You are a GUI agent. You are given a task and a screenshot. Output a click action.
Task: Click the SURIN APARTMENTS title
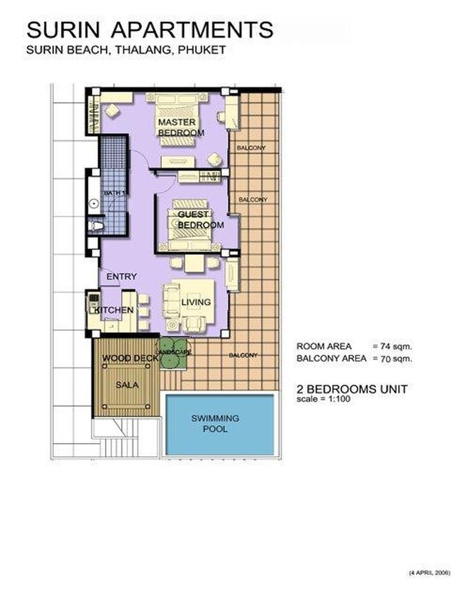click(x=150, y=30)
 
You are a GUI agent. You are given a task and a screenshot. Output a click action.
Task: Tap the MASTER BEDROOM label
click(x=181, y=127)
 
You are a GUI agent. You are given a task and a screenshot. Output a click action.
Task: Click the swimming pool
click(x=219, y=424)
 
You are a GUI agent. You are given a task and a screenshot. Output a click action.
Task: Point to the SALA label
click(x=127, y=385)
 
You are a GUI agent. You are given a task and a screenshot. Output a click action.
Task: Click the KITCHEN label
click(x=114, y=310)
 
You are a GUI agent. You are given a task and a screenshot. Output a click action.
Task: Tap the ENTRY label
click(x=121, y=276)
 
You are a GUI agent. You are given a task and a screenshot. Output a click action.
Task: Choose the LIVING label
click(x=196, y=302)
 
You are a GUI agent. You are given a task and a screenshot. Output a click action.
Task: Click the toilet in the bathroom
click(x=95, y=226)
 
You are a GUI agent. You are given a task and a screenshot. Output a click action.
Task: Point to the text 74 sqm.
click(x=396, y=347)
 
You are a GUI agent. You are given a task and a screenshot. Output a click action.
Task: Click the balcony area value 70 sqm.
click(x=396, y=359)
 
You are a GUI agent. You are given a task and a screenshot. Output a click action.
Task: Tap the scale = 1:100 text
click(x=324, y=399)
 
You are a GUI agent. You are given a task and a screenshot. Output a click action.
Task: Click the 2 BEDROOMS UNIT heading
click(x=352, y=389)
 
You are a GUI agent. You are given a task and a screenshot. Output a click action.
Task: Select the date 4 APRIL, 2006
click(x=429, y=573)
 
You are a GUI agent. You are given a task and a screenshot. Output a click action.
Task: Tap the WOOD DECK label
click(x=130, y=359)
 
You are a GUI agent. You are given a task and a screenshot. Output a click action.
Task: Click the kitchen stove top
click(x=94, y=298)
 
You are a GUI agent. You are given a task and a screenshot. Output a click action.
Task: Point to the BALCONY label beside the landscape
click(x=244, y=355)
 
